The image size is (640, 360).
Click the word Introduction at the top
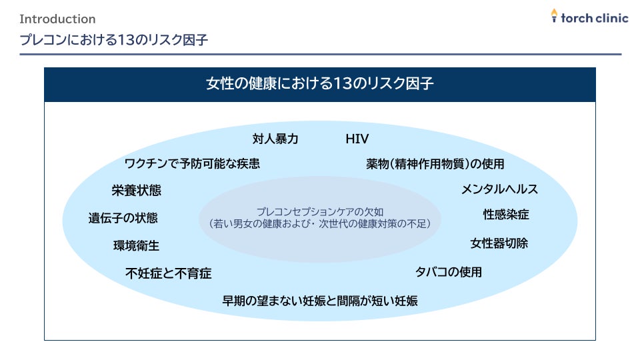click(x=57, y=19)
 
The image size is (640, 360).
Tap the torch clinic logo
click(x=589, y=17)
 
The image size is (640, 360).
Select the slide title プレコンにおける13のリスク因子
click(x=114, y=40)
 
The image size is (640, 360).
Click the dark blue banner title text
click(x=320, y=84)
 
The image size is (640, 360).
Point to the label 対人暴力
click(x=275, y=139)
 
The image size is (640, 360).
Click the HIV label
click(x=357, y=139)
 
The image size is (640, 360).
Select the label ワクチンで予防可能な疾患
click(x=192, y=163)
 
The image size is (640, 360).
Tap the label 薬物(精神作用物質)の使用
click(x=435, y=163)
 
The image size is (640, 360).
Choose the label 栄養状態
click(x=136, y=191)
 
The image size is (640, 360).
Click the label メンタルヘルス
click(x=499, y=189)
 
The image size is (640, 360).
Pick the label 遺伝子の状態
click(x=123, y=218)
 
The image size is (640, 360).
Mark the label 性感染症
click(x=506, y=215)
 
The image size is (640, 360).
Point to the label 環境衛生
click(x=136, y=245)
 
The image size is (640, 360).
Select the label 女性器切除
click(x=499, y=243)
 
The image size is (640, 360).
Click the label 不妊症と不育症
click(x=169, y=273)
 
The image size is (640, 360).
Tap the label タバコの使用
click(x=448, y=271)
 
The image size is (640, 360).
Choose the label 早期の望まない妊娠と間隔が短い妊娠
click(x=320, y=301)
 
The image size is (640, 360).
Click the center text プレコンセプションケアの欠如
click(x=320, y=211)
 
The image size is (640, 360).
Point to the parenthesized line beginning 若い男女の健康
click(x=320, y=224)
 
